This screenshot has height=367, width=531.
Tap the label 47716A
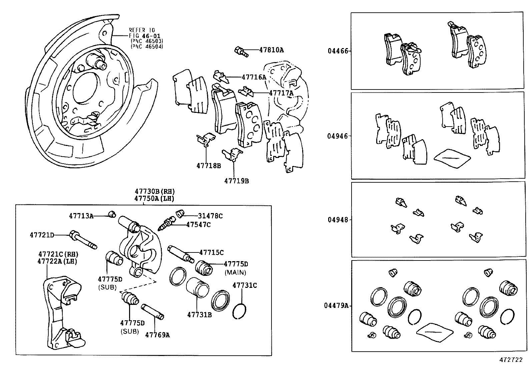pyautogui.click(x=253, y=77)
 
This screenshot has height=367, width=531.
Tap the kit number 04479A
pyautogui.click(x=336, y=305)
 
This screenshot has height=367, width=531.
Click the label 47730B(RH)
pyautogui.click(x=154, y=192)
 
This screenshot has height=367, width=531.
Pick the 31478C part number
pyautogui.click(x=210, y=216)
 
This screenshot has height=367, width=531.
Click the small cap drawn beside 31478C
pyautogui.click(x=180, y=213)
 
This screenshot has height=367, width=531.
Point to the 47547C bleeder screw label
pyautogui.click(x=198, y=225)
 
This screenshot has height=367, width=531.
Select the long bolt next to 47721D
pyautogui.click(x=83, y=239)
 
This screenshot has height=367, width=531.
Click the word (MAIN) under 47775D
pyautogui.click(x=235, y=272)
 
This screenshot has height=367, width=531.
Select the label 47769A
pyautogui.click(x=157, y=335)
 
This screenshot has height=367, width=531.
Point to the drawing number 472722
pyautogui.click(x=510, y=360)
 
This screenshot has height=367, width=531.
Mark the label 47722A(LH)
pyautogui.click(x=57, y=261)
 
